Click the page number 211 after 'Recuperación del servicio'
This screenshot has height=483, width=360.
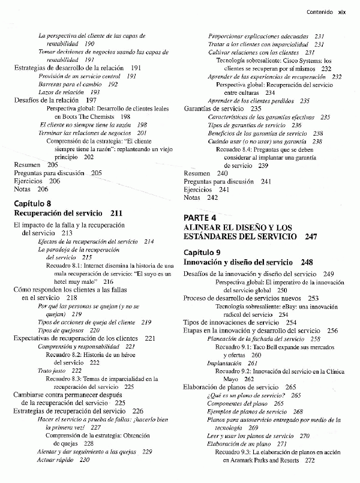pos(116,213)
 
